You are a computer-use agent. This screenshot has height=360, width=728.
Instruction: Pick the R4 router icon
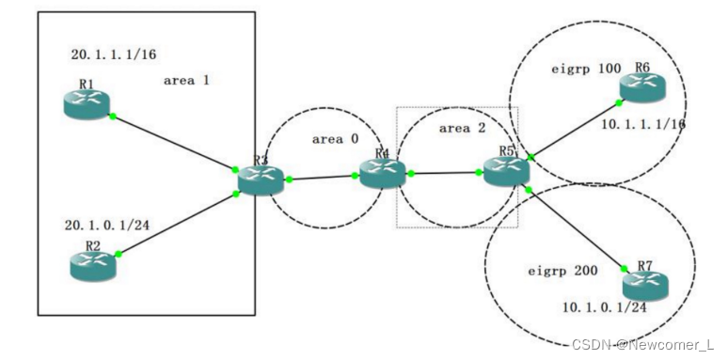(382, 172)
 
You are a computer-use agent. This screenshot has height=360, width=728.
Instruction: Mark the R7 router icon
(645, 282)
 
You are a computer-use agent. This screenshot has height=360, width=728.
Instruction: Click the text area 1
(186, 80)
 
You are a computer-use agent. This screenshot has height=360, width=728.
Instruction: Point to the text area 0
(335, 138)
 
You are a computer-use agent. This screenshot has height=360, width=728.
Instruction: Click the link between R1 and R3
(173, 143)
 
